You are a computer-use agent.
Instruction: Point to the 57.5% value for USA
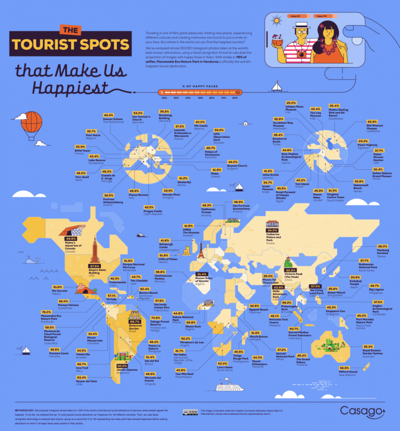pos(95,265)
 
